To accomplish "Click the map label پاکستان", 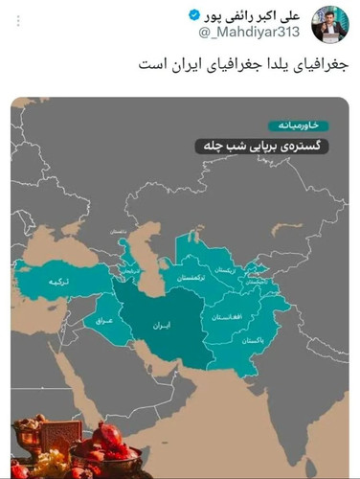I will (x=251, y=340).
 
